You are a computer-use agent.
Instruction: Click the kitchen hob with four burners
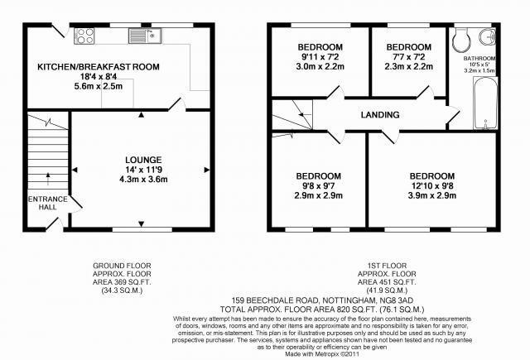84,36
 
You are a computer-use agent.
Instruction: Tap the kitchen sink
145,36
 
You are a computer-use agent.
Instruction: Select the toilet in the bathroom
460,40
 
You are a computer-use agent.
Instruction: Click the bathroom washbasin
488,36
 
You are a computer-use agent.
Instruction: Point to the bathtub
486,103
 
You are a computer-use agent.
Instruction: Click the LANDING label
380,115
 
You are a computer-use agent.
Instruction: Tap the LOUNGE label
143,160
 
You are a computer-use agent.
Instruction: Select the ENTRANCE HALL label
48,203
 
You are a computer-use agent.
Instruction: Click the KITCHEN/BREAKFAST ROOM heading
99,66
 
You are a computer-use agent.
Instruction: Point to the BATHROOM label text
479,59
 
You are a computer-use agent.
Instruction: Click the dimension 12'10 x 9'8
432,185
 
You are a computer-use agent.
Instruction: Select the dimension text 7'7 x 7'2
408,57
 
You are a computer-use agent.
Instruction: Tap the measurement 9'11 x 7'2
320,57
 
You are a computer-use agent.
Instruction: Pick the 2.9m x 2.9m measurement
318,195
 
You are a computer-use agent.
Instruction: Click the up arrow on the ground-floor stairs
48,179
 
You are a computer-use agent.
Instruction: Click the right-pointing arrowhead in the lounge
207,170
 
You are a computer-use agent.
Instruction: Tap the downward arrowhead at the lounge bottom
142,223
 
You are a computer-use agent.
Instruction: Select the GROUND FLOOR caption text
122,266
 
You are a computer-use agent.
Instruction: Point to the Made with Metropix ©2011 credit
322,354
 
